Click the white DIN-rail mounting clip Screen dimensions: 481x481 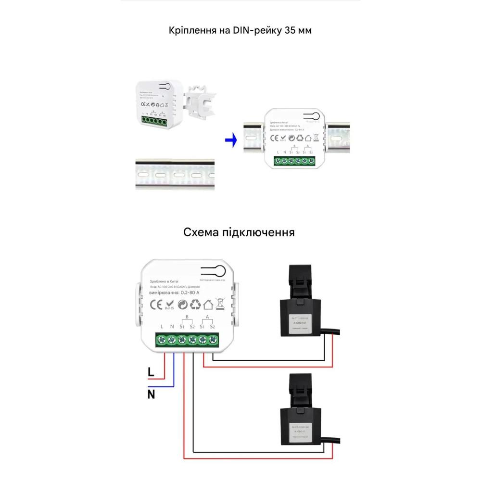[x=200, y=101]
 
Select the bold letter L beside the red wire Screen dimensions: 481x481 [x=151, y=371]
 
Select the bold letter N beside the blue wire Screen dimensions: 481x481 [x=151, y=395]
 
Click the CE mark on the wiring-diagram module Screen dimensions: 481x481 [x=156, y=304]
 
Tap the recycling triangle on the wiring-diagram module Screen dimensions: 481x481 [x=195, y=304]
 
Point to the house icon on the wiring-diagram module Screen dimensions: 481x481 [x=208, y=304]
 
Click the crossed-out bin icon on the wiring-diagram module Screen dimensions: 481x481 [x=220, y=304]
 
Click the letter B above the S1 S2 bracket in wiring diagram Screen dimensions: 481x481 [x=186, y=316]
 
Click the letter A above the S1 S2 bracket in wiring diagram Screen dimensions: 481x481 [x=207, y=316]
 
